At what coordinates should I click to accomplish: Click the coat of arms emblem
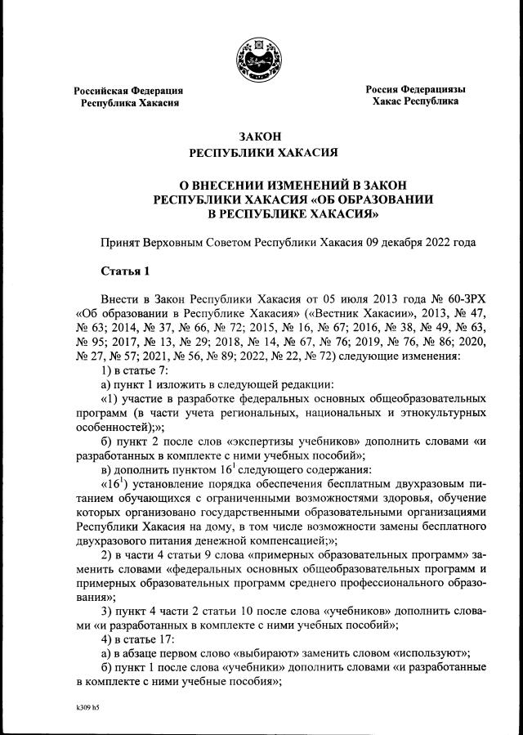(261, 58)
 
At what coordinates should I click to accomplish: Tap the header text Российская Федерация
(128, 91)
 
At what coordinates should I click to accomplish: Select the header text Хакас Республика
(414, 101)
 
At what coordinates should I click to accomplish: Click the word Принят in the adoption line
(118, 243)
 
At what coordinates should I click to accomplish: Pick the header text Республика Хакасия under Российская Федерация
(128, 104)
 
